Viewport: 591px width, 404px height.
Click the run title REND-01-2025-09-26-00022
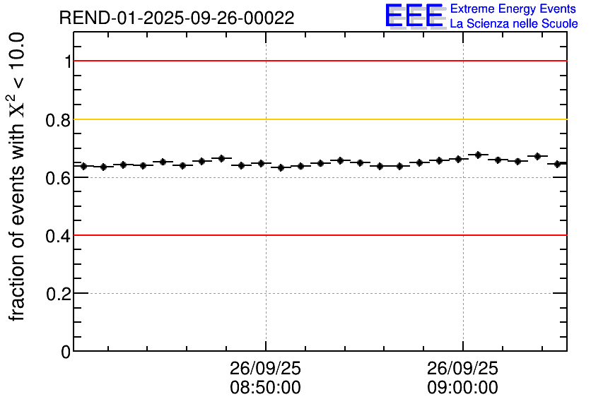tap(177, 18)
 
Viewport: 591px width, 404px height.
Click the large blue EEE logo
tap(414, 16)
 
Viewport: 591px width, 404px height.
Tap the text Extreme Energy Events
tap(513, 9)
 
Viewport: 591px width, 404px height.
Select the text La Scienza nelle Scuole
tap(513, 24)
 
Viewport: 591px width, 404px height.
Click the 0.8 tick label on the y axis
tap(59, 120)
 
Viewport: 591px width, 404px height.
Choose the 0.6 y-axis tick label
tap(59, 178)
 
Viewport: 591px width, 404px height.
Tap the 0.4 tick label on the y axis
tap(59, 236)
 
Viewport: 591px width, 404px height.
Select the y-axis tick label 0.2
tap(59, 294)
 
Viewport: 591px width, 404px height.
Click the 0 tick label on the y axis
tap(66, 351)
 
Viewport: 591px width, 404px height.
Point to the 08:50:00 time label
tap(265, 388)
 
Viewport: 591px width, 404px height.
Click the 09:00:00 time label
tap(462, 388)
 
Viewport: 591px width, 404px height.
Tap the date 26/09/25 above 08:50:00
tap(265, 369)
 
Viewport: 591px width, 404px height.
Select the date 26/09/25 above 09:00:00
tap(462, 369)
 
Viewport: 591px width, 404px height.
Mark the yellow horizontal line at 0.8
tap(318, 119)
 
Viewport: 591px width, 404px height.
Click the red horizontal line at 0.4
tap(318, 234)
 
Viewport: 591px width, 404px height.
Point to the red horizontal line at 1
tap(318, 61)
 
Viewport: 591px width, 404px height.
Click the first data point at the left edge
tap(83, 166)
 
